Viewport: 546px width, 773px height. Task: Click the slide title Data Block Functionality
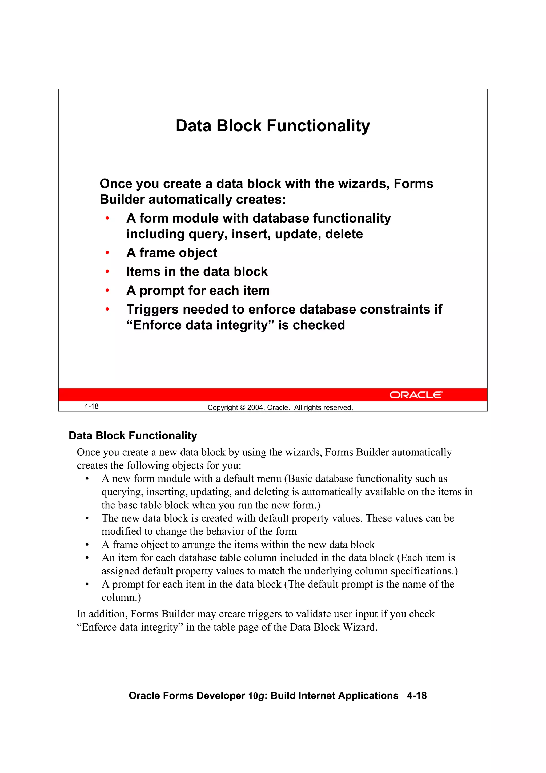(x=272, y=126)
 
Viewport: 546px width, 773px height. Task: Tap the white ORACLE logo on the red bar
(x=416, y=395)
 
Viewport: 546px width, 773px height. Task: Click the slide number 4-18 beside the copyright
(x=91, y=406)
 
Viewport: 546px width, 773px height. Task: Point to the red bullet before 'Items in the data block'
(x=107, y=271)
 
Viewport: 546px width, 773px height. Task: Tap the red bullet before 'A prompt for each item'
(x=107, y=290)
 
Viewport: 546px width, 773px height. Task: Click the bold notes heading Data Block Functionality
(x=133, y=436)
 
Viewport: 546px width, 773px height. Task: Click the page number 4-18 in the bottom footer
(x=416, y=696)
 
